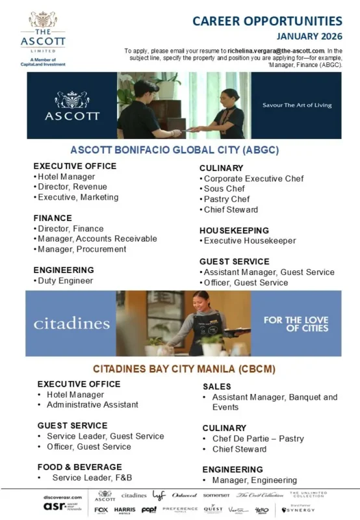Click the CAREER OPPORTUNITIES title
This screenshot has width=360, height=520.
click(x=267, y=21)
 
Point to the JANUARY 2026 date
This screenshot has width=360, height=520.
click(x=309, y=36)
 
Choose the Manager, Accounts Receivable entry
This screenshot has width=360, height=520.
click(x=97, y=239)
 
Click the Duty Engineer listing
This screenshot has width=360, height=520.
click(x=65, y=281)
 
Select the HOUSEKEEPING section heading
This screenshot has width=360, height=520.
click(x=234, y=231)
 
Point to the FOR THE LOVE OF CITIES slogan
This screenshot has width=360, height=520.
click(x=296, y=324)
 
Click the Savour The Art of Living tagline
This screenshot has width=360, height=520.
click(x=297, y=105)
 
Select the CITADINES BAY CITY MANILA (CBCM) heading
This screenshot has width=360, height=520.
click(x=184, y=369)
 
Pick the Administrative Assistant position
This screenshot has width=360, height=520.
click(x=92, y=404)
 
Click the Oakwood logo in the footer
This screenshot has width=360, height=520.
click(x=184, y=495)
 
